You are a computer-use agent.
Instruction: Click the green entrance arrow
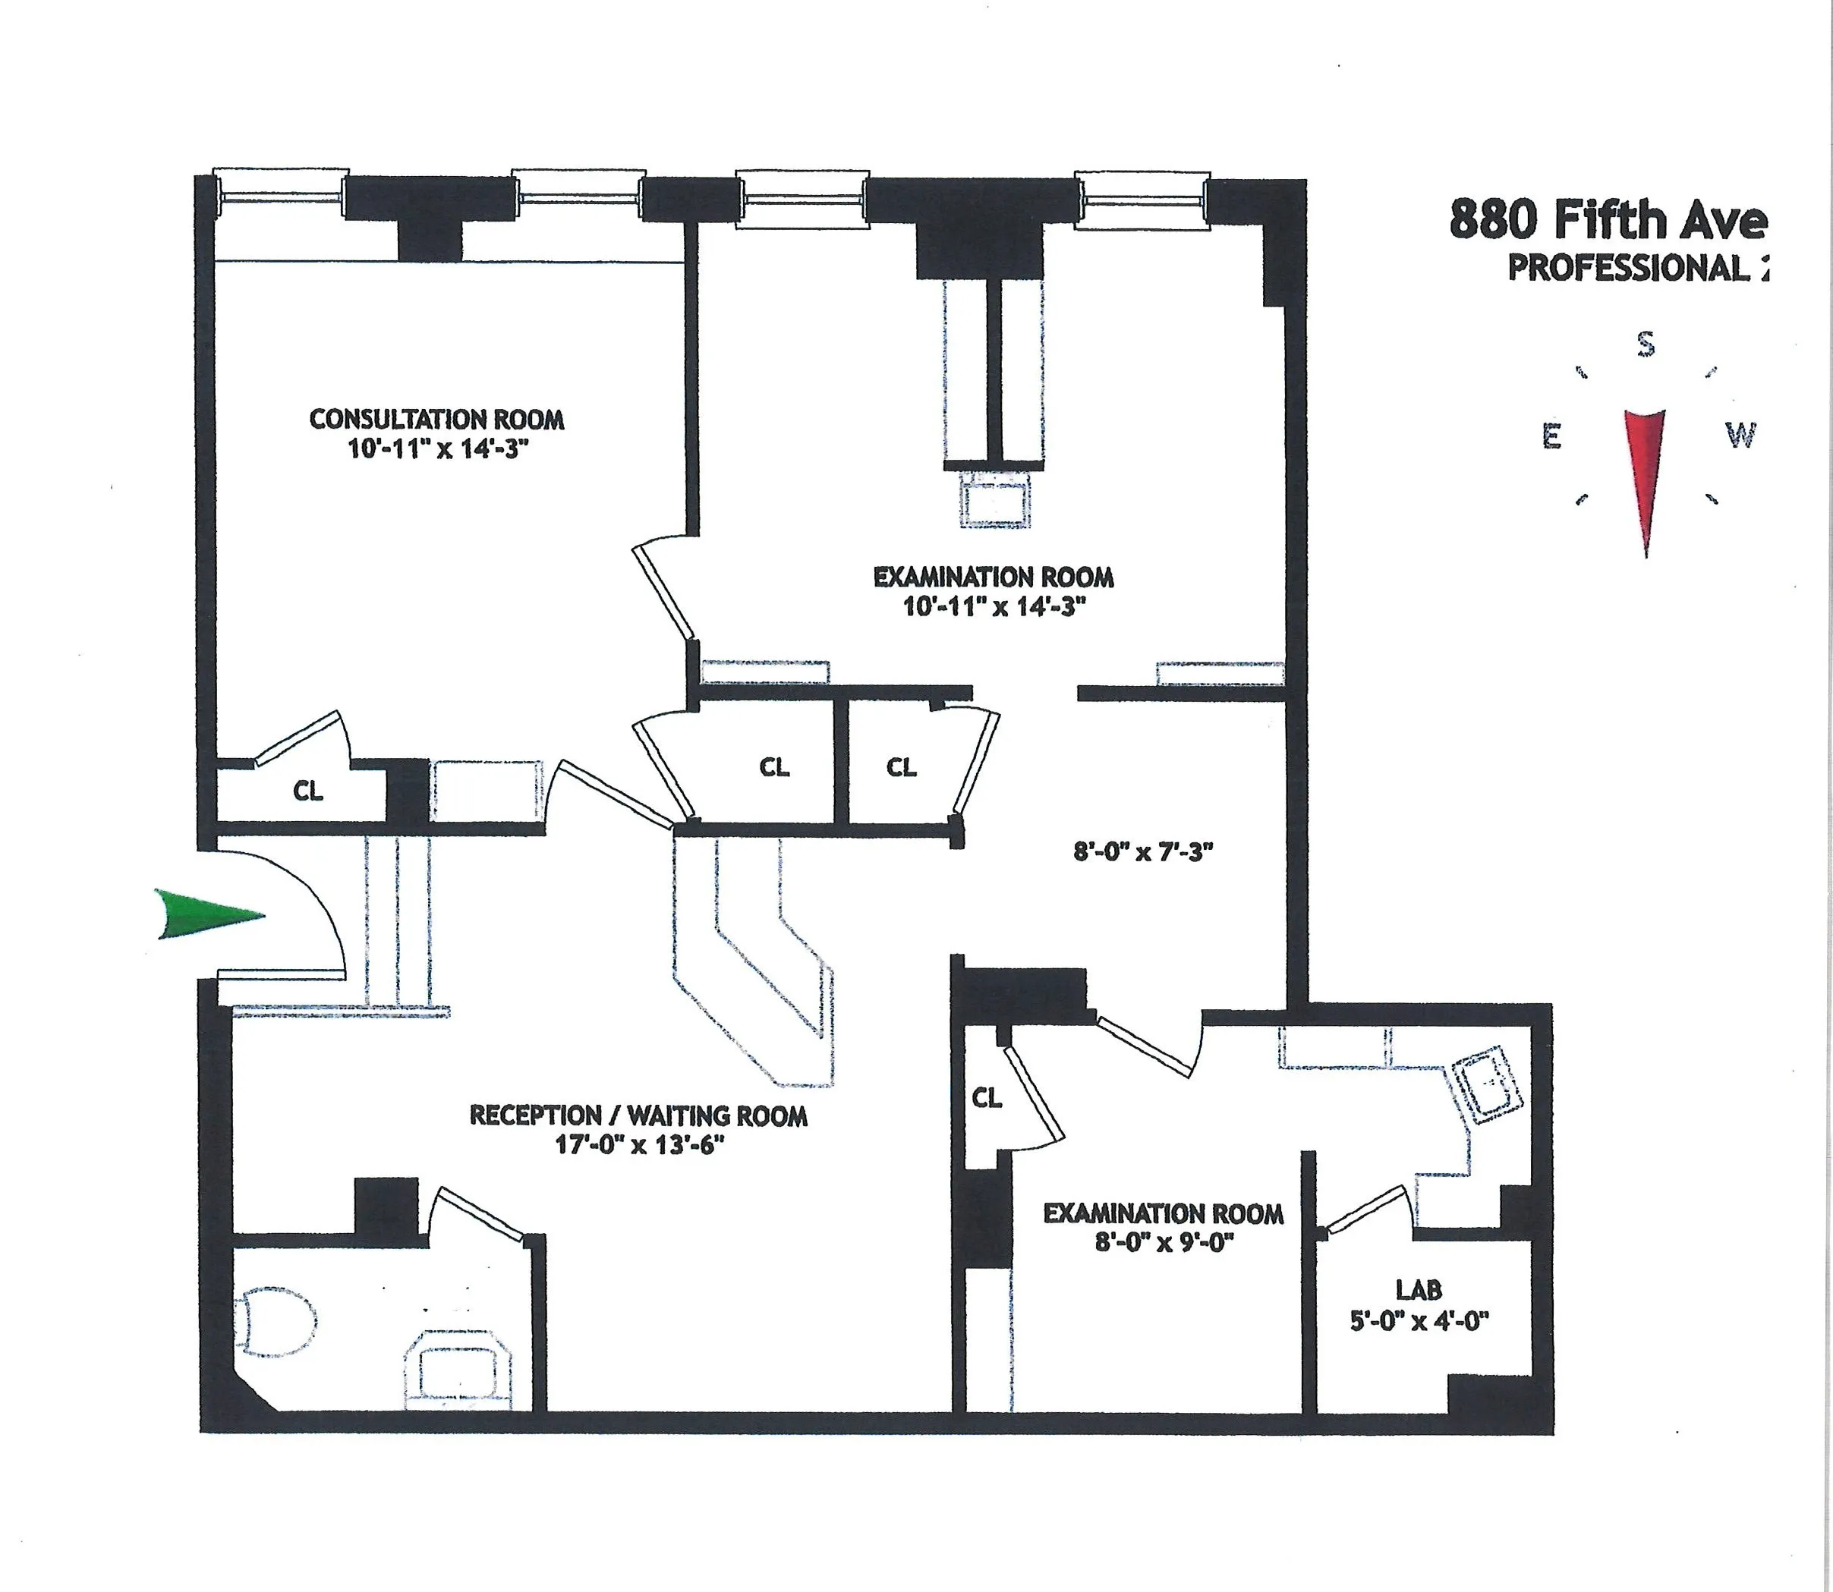pos(209,914)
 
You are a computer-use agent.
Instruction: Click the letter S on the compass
pos(1646,344)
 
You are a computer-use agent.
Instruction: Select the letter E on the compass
pos(1551,436)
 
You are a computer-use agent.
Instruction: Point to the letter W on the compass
pos(1740,436)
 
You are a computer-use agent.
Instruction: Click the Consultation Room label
pos(436,418)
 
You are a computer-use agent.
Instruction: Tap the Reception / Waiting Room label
pos(638,1115)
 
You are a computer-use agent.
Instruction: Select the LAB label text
pos(1418,1289)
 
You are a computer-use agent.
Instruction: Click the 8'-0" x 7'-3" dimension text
pos(1142,853)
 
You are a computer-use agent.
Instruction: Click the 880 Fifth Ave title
pos(1608,219)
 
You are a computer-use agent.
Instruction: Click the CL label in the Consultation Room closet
pos(308,791)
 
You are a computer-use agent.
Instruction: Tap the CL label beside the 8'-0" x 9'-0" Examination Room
pos(986,1099)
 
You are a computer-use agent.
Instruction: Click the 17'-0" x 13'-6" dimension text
pos(635,1144)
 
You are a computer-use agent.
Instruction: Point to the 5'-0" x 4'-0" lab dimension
pos(1419,1321)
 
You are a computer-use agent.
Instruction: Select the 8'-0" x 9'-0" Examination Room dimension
pos(1165,1243)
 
